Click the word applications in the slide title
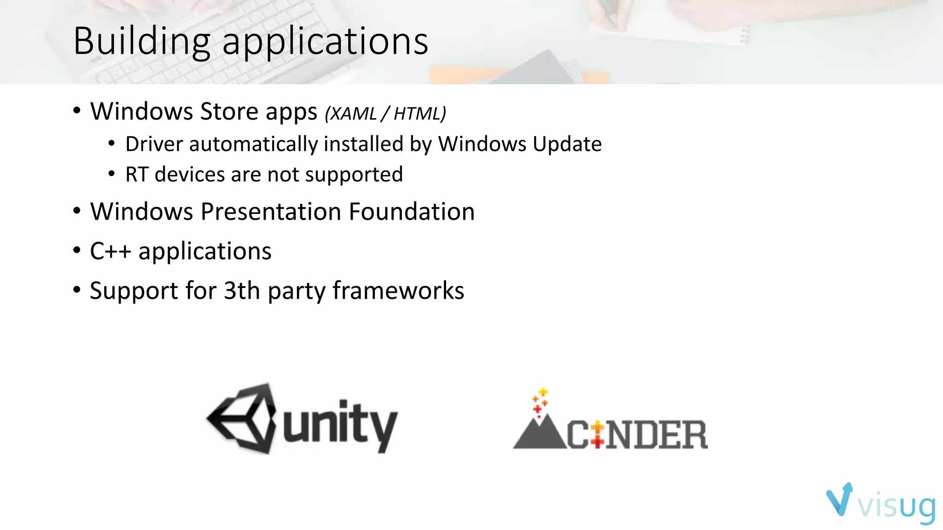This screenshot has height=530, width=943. click(x=325, y=42)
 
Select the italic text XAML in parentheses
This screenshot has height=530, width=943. click(x=353, y=114)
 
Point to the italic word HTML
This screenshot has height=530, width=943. click(x=418, y=114)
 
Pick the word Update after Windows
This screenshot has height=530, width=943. click(x=567, y=144)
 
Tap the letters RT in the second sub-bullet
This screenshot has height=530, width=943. click(x=136, y=175)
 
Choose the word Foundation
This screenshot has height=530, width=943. click(x=412, y=212)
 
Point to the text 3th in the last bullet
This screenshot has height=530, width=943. click(x=242, y=291)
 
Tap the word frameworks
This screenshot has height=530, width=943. click(x=398, y=291)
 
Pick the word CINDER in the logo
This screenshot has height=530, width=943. click(x=637, y=434)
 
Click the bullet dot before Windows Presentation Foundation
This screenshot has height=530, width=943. click(x=77, y=211)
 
